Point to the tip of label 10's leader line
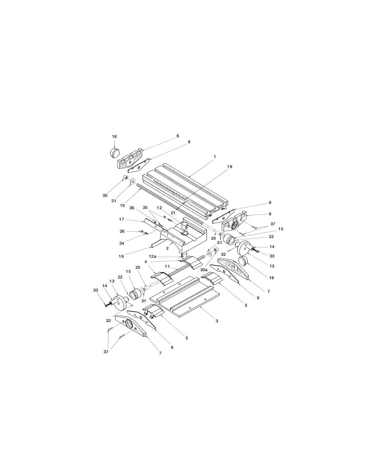coord(141,189)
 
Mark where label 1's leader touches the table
coord(189,176)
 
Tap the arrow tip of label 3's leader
coord(200,307)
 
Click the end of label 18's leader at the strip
coord(152,247)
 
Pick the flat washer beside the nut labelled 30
coord(132,181)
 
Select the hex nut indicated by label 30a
coord(215,249)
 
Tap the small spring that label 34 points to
coord(146,234)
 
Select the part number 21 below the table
coord(173,213)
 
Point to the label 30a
coord(204,270)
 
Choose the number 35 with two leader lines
coord(145,208)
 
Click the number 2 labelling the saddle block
coord(168,248)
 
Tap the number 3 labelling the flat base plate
coord(217,321)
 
